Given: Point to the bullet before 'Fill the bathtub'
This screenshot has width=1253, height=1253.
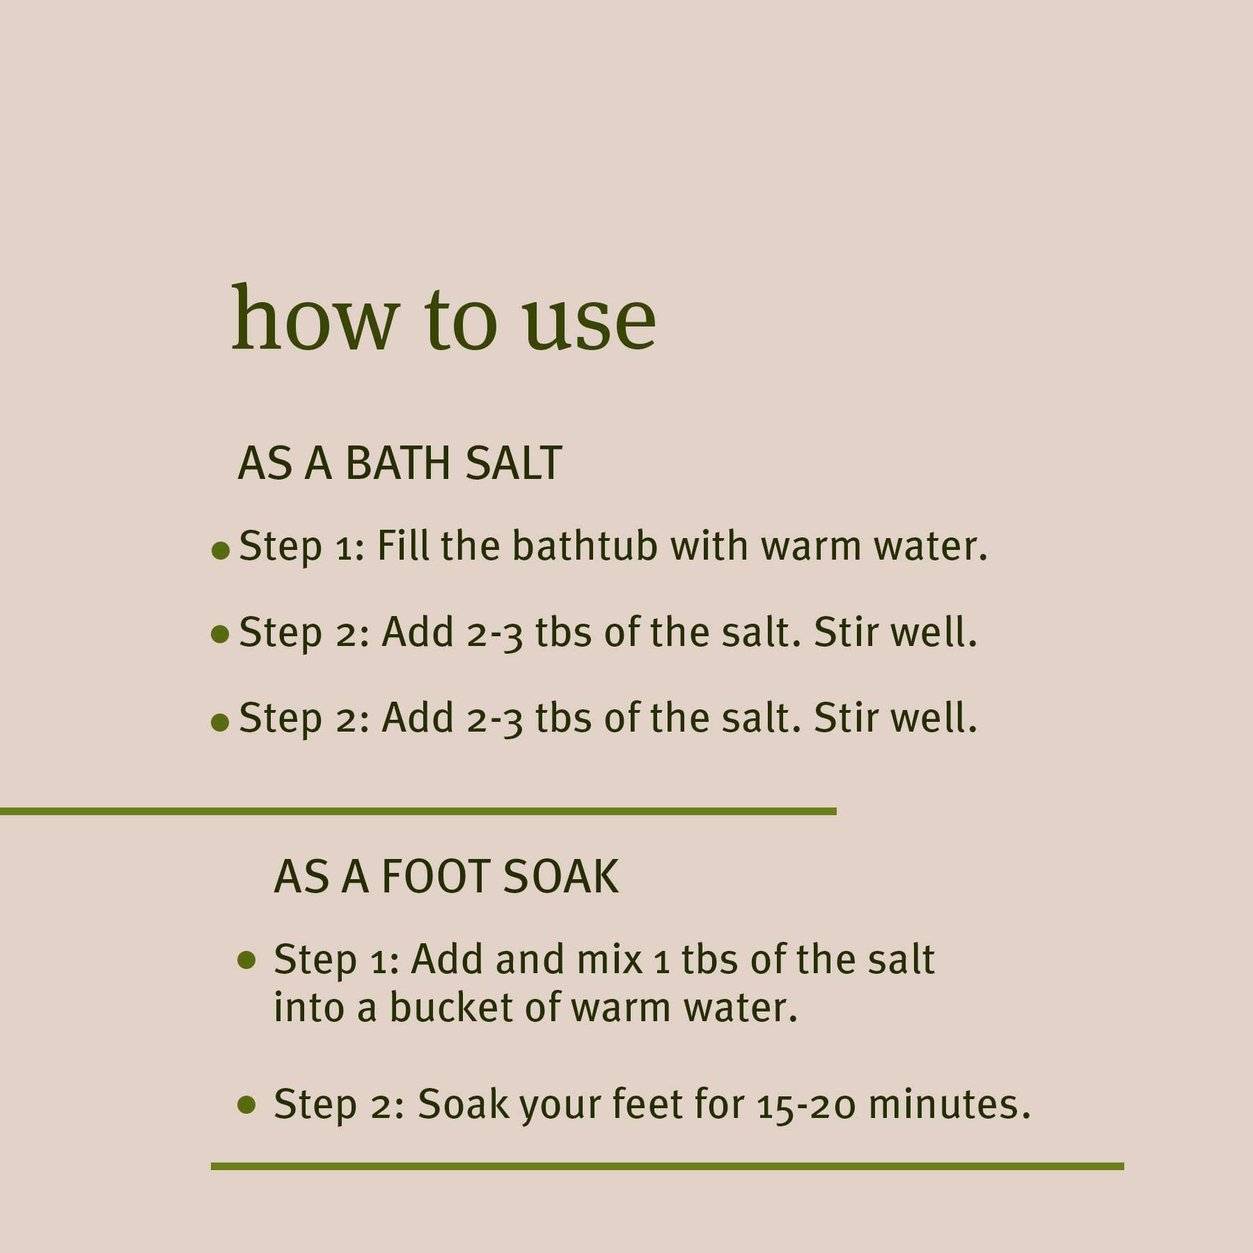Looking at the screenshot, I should (220, 551).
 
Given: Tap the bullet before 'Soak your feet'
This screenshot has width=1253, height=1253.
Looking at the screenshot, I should (246, 1105).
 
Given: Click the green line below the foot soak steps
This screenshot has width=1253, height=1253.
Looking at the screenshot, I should (667, 1167).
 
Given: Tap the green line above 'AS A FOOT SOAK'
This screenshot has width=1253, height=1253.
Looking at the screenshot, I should (418, 811).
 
